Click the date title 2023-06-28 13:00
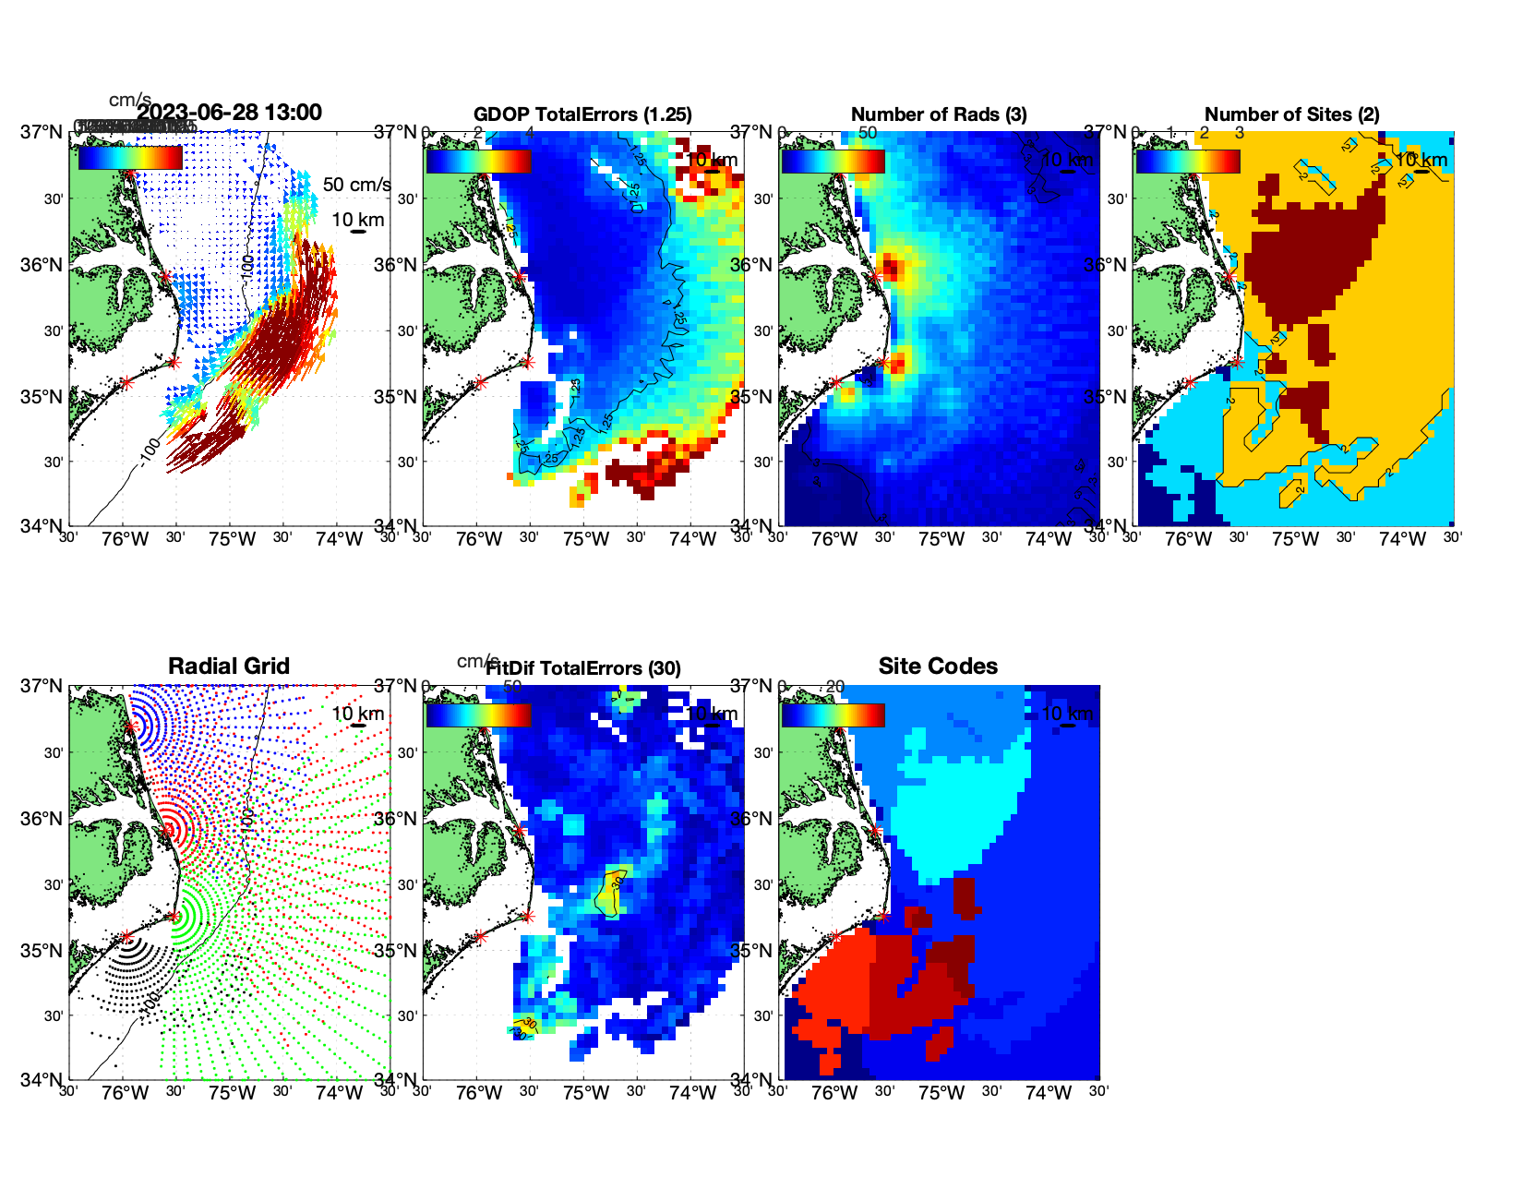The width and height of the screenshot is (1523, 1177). (230, 113)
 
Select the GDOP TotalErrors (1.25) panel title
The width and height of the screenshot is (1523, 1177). (582, 114)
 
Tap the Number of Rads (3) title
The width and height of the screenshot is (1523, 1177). (939, 114)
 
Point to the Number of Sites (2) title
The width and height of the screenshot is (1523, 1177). (1292, 114)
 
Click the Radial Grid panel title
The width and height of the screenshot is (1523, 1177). (229, 667)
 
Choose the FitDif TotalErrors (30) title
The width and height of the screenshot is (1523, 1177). (583, 668)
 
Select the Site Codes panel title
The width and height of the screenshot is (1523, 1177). (938, 667)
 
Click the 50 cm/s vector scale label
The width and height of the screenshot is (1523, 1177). (356, 185)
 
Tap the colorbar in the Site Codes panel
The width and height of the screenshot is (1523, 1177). (833, 715)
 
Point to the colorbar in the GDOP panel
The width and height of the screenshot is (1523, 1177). (478, 161)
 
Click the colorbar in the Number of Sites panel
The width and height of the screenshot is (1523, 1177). (1188, 161)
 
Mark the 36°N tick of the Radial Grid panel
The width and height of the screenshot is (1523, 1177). (42, 819)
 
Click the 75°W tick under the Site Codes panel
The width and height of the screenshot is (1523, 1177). (941, 1094)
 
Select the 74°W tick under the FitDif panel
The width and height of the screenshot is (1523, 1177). (693, 1094)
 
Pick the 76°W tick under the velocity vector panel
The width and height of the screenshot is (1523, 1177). (126, 540)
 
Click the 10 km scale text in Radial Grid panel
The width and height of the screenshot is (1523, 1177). (357, 714)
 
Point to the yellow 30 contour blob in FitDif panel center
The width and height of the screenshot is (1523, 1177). (611, 892)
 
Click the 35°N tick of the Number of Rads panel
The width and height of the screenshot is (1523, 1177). (751, 398)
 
